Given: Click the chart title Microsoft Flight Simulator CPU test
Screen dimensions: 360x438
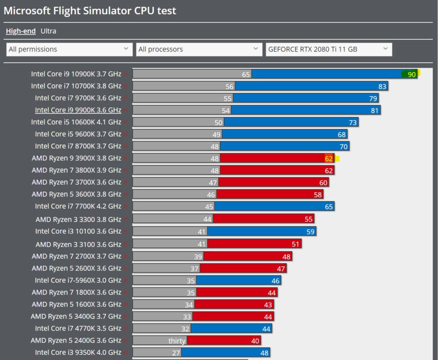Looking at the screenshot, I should click(90, 10).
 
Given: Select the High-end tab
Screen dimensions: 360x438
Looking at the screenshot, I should click(21, 31).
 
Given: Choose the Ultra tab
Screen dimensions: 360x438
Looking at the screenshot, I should click(49, 31).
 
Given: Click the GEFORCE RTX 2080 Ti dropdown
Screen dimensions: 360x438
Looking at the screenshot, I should click(328, 49).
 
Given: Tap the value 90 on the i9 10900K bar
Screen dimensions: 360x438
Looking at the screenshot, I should click(411, 74).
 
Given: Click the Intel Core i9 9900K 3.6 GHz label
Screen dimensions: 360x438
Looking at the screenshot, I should click(78, 110).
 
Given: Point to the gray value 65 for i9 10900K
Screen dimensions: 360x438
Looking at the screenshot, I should click(246, 74).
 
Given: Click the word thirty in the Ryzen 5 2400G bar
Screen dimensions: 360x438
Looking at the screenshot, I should click(177, 341).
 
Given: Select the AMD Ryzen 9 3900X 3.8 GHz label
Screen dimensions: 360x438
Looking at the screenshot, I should click(77, 158).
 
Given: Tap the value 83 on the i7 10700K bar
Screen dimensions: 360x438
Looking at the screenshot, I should click(382, 86).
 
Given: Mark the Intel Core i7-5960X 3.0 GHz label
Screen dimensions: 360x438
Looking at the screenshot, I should click(78, 280).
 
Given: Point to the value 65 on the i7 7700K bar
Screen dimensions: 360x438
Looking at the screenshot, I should click(328, 206).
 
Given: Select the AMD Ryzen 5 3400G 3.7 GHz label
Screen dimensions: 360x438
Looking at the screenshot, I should click(76, 316).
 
